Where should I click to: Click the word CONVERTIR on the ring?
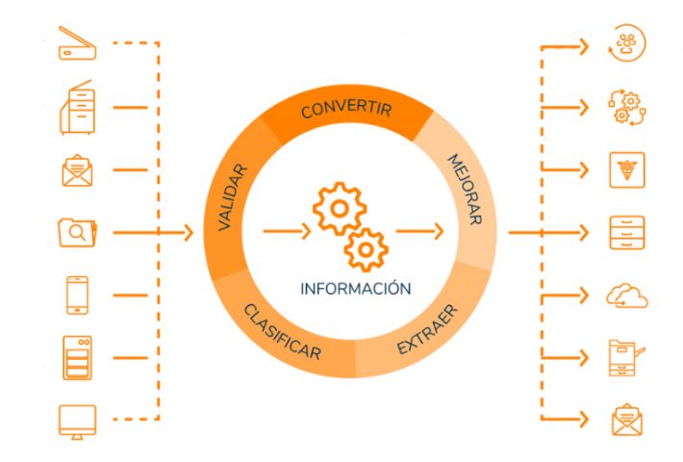coord(345,109)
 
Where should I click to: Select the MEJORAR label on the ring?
coord(465,189)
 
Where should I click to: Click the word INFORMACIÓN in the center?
coord(356,288)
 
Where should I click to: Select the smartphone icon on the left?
coord(76,295)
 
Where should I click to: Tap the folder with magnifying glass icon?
coord(76,232)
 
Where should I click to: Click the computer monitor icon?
coord(76,420)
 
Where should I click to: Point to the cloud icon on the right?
coord(626,294)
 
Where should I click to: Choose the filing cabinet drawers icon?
coord(627,232)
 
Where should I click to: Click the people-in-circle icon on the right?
coord(627,43)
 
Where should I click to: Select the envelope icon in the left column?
coord(76,169)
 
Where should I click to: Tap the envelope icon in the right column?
coord(627,420)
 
